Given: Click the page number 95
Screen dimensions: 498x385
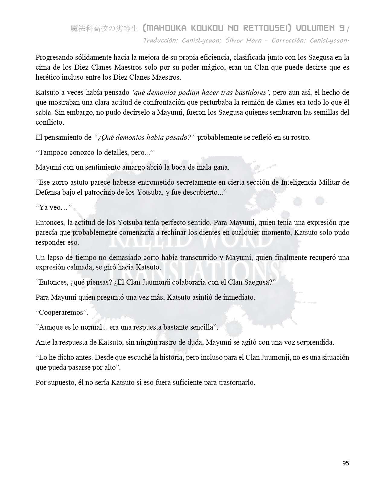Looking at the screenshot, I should pos(345,463).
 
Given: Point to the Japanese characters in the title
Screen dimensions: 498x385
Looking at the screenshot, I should pos(104,29).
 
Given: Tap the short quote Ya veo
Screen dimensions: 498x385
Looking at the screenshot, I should pos(53,207).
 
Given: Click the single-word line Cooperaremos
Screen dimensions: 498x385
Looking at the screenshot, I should pos(62,312).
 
